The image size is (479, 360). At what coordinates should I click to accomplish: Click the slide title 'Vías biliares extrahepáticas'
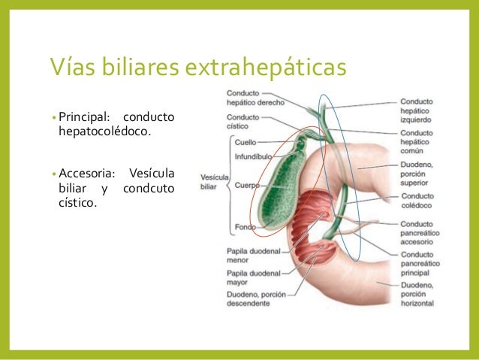coord(197,68)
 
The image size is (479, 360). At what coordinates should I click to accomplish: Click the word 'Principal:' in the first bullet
coord(83,117)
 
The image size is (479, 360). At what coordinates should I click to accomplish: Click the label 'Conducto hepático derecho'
coord(251,97)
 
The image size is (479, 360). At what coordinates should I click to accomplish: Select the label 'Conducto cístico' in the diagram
coord(243,122)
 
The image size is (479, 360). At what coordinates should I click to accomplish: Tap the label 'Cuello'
coord(246,141)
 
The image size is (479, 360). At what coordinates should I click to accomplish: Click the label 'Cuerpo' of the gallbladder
coord(248,184)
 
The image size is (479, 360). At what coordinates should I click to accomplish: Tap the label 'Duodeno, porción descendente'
coord(256,300)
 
